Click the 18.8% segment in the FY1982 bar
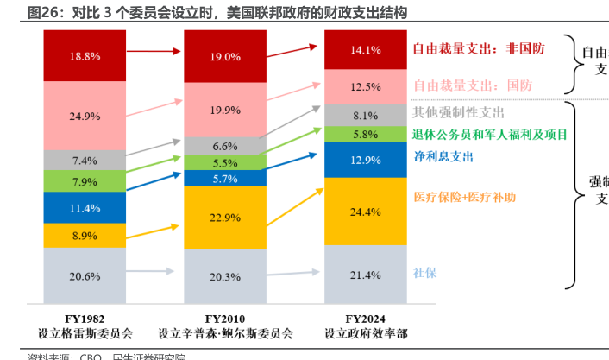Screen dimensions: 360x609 pyautogui.click(x=85, y=55)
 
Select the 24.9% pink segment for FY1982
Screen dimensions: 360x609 pyautogui.click(x=85, y=115)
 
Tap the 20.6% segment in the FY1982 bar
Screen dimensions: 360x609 pyautogui.click(x=85, y=275)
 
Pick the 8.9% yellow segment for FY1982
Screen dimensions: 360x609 pyautogui.click(x=85, y=235)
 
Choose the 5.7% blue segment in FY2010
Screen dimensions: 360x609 pyautogui.click(x=224, y=179)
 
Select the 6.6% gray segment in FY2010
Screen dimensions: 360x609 pyautogui.click(x=224, y=146)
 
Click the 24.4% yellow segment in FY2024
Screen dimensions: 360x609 pyautogui.click(x=365, y=212)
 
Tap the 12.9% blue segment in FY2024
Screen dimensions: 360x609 pyautogui.click(x=365, y=160)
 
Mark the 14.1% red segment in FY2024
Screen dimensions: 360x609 pyautogui.click(x=365, y=50)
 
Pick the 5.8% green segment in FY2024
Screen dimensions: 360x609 pyautogui.click(x=365, y=134)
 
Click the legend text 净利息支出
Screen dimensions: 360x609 pyautogui.click(x=443, y=157)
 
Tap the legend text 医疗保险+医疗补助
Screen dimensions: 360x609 pyautogui.click(x=465, y=197)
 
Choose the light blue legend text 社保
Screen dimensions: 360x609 pyautogui.click(x=424, y=273)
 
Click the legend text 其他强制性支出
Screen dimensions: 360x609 pyautogui.click(x=457, y=112)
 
